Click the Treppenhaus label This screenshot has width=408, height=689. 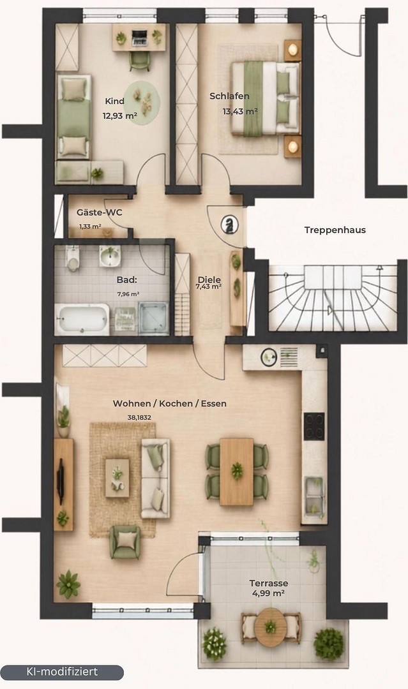[x=335, y=230]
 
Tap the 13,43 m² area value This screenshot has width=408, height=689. [x=239, y=111]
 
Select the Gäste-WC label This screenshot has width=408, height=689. [x=100, y=212]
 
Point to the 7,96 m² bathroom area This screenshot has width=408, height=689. [x=128, y=294]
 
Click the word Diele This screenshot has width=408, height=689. [x=209, y=279]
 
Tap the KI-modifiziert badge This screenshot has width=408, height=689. [x=62, y=672]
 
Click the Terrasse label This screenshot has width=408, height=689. [x=269, y=583]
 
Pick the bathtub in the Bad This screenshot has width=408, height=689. [x=82, y=320]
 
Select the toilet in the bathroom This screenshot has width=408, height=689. [x=73, y=258]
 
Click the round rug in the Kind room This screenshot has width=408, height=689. [x=142, y=103]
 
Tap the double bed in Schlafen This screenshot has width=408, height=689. [x=266, y=98]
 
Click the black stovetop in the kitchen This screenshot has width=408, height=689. [x=314, y=426]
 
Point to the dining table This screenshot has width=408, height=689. [x=236, y=471]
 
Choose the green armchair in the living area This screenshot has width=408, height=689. [x=126, y=542]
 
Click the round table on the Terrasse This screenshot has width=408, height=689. [x=270, y=628]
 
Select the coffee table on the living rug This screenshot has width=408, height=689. [x=117, y=478]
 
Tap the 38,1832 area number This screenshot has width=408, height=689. [x=139, y=417]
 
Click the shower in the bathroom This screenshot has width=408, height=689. [x=153, y=318]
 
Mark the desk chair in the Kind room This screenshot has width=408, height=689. [x=140, y=61]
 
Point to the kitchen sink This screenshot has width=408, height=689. [x=314, y=495]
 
